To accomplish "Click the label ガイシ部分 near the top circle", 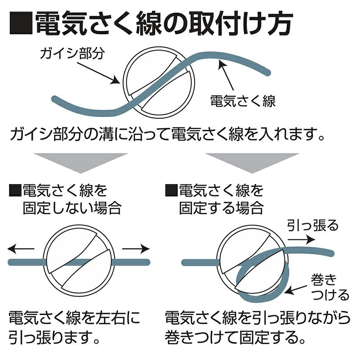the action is (72, 54).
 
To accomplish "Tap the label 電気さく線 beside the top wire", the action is (243, 101).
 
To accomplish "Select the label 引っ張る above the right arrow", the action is (313, 225).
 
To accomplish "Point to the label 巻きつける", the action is (330, 287).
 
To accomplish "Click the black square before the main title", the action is (21, 23).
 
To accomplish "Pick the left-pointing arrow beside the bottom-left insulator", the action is (21, 249).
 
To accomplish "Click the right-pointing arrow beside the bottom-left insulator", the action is (136, 249).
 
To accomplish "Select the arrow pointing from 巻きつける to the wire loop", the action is (296, 290).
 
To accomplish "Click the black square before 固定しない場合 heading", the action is (15, 190).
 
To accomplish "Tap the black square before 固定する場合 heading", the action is (171, 190).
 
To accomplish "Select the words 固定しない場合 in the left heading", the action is (72, 208).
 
